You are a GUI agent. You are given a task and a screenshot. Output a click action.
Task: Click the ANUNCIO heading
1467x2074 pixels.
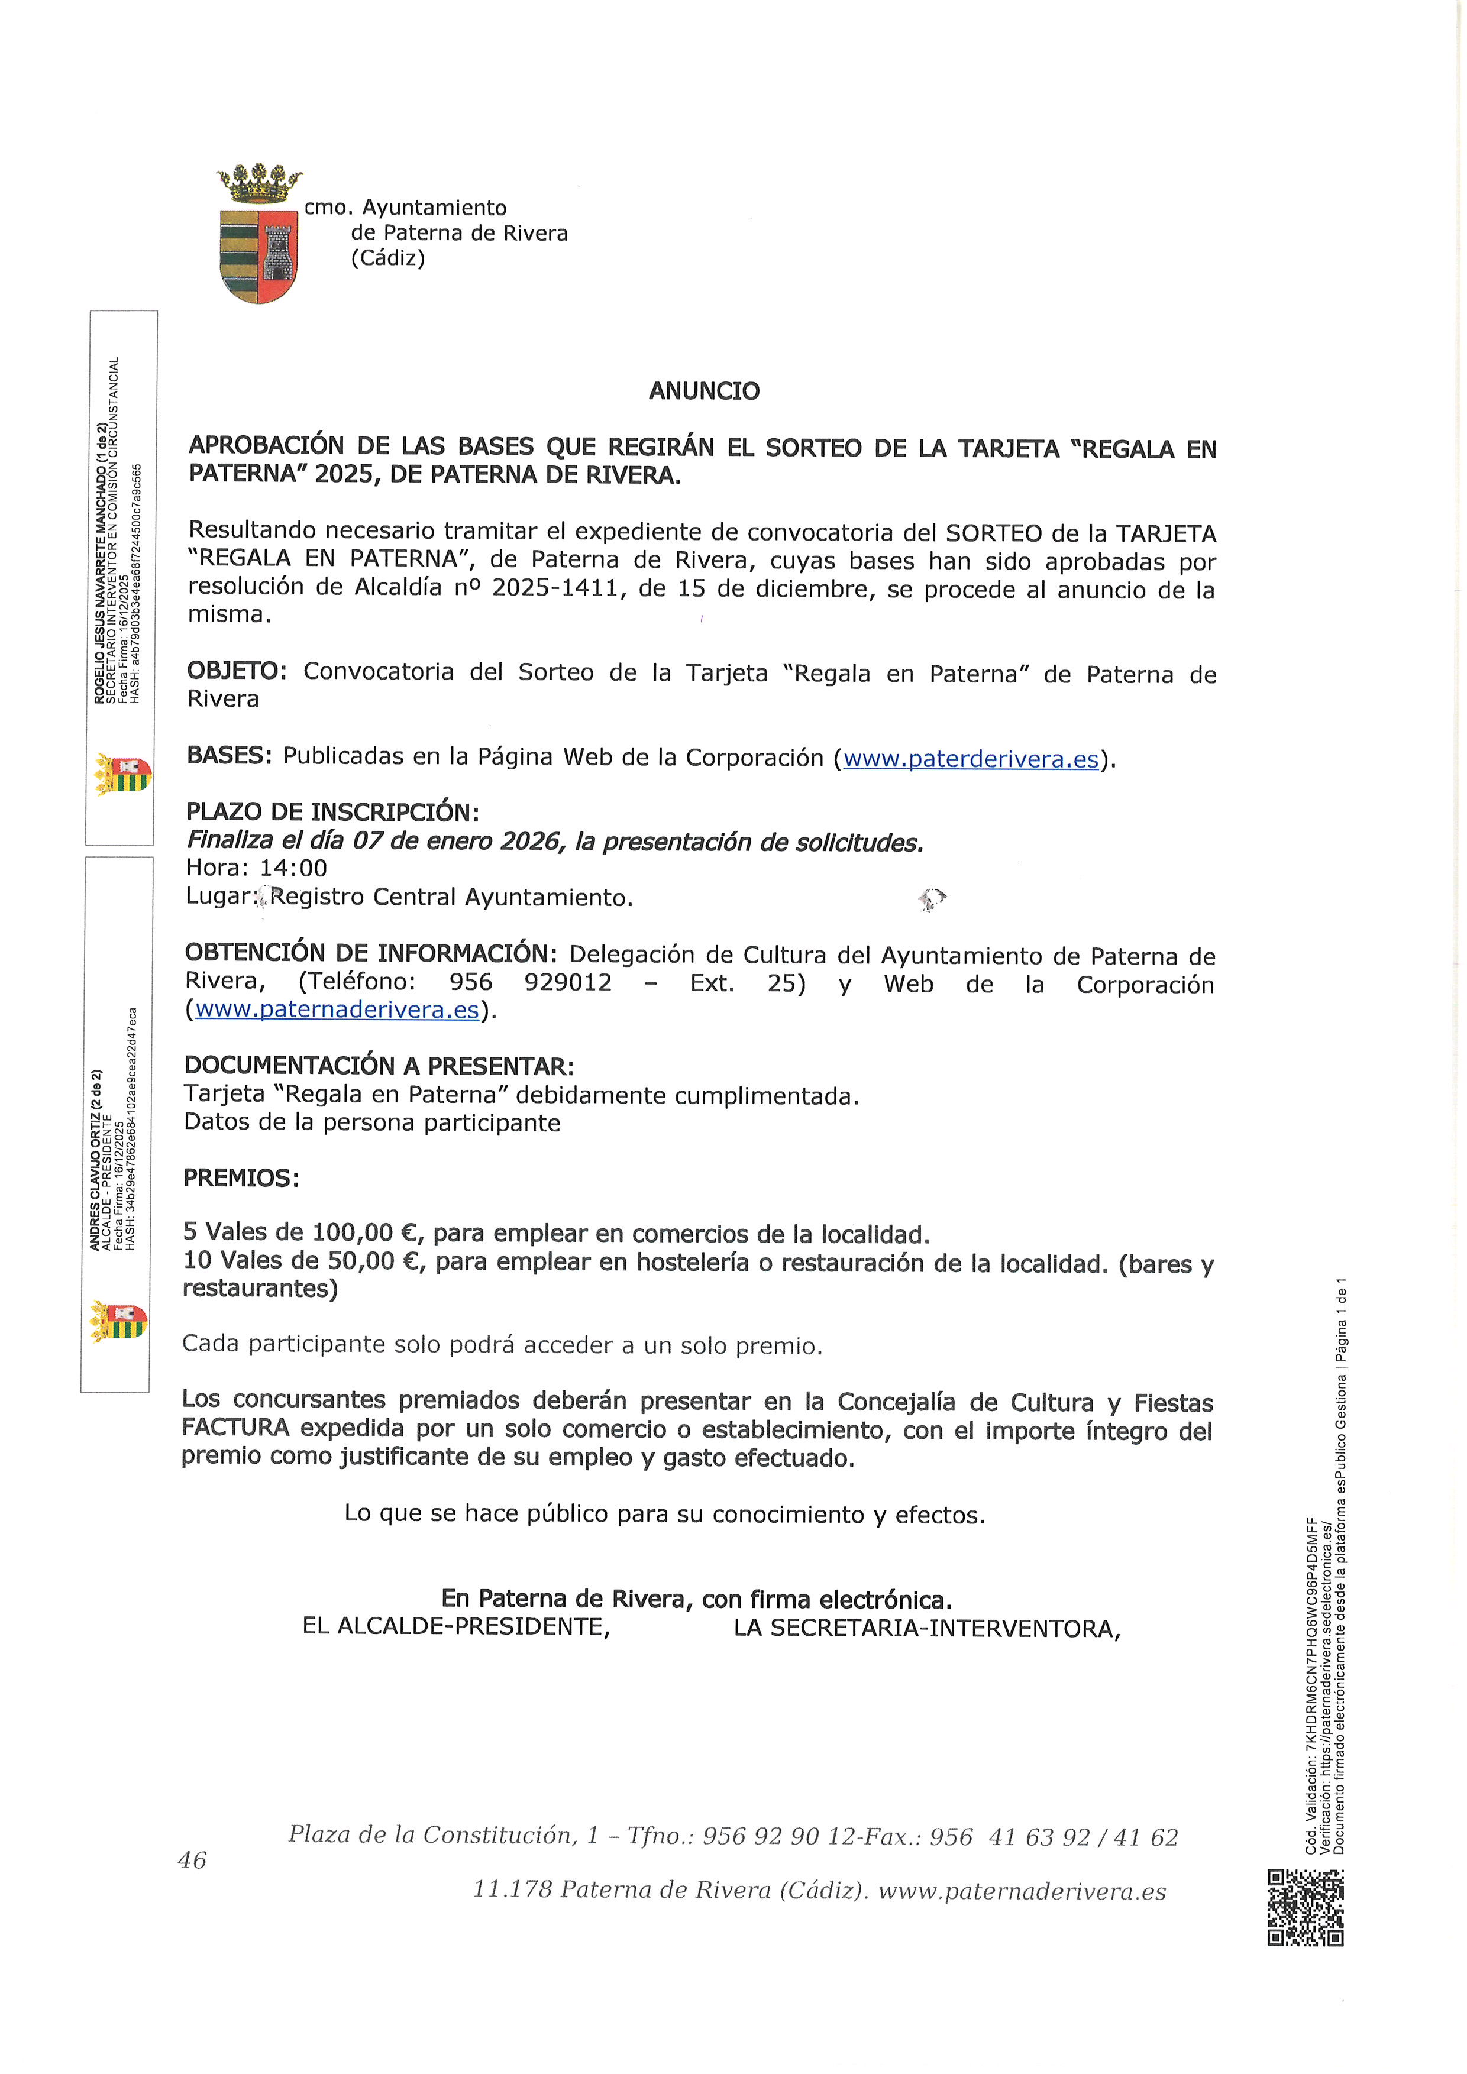pyautogui.click(x=704, y=391)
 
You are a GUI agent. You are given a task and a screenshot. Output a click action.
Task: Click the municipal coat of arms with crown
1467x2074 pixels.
pyautogui.click(x=258, y=234)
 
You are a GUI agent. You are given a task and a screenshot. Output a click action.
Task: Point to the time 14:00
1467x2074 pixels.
pyautogui.click(x=293, y=869)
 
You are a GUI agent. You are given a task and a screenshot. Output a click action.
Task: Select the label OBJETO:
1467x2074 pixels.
pyautogui.click(x=237, y=671)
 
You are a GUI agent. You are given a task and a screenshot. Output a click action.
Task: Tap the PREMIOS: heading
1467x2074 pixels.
pyautogui.click(x=240, y=1178)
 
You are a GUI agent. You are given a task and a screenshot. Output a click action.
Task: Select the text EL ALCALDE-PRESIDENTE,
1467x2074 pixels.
pyautogui.click(x=456, y=1627)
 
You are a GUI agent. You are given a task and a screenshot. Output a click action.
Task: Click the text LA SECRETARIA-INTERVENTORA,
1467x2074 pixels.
pyautogui.click(x=927, y=1629)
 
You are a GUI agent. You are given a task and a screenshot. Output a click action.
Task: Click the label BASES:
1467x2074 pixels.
pyautogui.click(x=228, y=755)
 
